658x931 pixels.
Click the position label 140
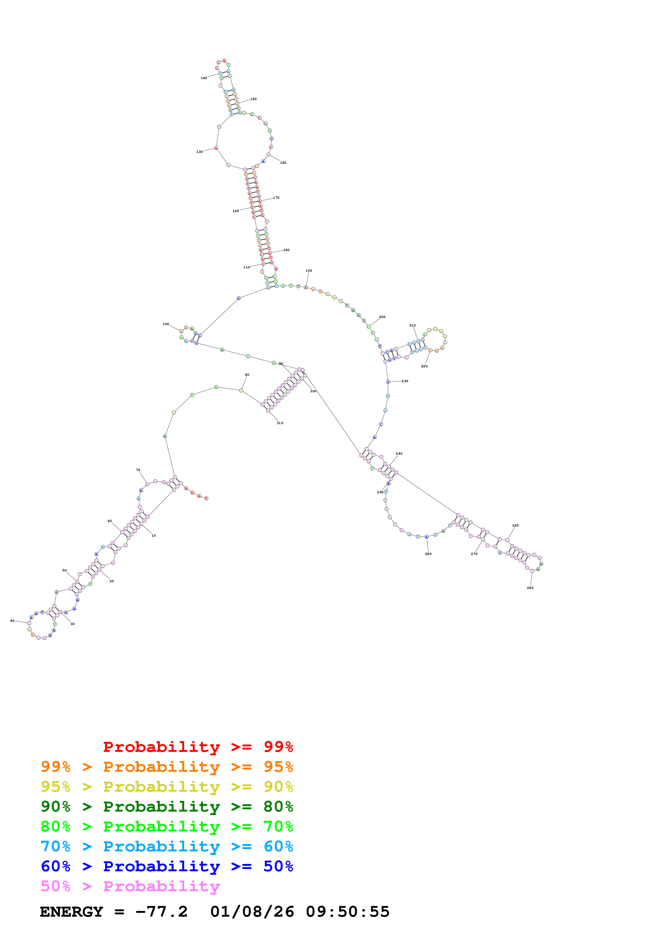(x=204, y=78)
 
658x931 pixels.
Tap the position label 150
(x=253, y=99)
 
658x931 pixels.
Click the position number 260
(x=530, y=588)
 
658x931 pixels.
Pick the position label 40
(x=12, y=620)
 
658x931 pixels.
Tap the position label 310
(x=280, y=423)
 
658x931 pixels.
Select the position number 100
(x=166, y=324)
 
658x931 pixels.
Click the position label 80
(x=247, y=375)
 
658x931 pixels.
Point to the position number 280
(x=428, y=554)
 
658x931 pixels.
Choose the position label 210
(x=412, y=325)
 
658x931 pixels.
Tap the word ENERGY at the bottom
(x=71, y=912)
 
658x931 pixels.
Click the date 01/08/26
(x=252, y=912)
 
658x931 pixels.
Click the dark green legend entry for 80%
(x=167, y=807)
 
